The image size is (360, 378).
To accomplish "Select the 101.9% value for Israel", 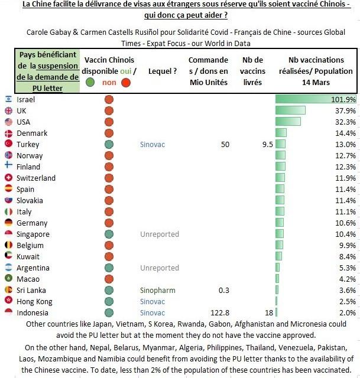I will coord(343,99).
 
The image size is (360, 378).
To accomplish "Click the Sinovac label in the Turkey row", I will coord(153,144).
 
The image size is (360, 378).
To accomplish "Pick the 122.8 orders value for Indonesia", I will coord(219,313).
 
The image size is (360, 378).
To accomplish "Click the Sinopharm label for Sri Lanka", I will coord(157,291).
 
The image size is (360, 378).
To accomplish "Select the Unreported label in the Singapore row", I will coord(159,234).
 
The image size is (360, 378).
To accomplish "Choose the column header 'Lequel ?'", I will coord(163,71).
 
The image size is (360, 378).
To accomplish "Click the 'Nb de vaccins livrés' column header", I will coord(253,71).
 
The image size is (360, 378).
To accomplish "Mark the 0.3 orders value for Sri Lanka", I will coord(224,291).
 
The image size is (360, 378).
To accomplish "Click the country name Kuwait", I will coord(28,257).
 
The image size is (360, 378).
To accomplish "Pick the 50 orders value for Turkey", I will coord(225,144).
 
